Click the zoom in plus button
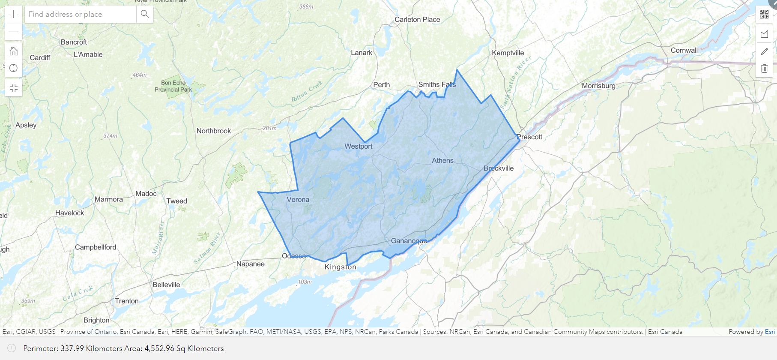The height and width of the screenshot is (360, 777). click(x=14, y=14)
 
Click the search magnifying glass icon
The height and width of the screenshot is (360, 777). click(x=145, y=14)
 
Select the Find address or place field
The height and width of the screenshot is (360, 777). click(x=81, y=14)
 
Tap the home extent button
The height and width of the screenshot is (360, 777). click(x=14, y=51)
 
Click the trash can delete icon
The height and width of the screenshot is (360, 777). click(x=764, y=69)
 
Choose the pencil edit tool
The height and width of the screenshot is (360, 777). click(x=764, y=51)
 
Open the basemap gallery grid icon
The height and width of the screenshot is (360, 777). click(x=764, y=14)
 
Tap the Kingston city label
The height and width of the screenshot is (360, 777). click(x=340, y=267)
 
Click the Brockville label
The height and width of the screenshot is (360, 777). click(x=499, y=168)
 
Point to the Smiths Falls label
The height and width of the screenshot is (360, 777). click(x=437, y=84)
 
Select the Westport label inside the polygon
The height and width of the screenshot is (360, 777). click(x=359, y=146)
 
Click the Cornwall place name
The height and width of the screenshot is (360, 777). click(x=684, y=50)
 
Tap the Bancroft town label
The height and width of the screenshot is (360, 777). click(x=74, y=42)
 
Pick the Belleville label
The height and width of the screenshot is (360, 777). click(x=166, y=285)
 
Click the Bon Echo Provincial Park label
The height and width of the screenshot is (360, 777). click(x=173, y=86)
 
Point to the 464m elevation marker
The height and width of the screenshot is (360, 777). click(x=139, y=75)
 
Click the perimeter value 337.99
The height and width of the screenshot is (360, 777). click(x=72, y=348)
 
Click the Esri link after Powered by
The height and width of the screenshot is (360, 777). click(x=770, y=332)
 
